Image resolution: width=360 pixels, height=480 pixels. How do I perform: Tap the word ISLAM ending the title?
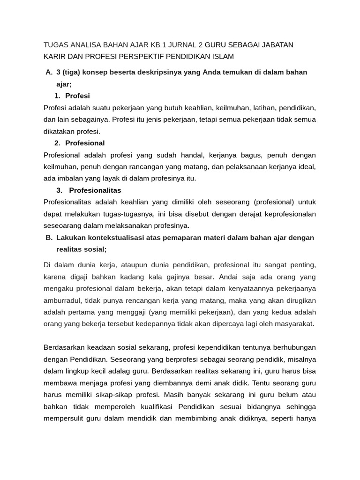tap(223, 57)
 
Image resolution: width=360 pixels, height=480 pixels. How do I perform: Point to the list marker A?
tap(49, 72)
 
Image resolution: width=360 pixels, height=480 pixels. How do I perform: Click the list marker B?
tap(49, 238)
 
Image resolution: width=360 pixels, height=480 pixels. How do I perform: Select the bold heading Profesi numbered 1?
tap(77, 96)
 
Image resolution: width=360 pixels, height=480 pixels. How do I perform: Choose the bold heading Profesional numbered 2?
tap(85, 143)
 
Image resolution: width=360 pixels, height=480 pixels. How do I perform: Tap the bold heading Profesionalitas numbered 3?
tap(95, 190)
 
